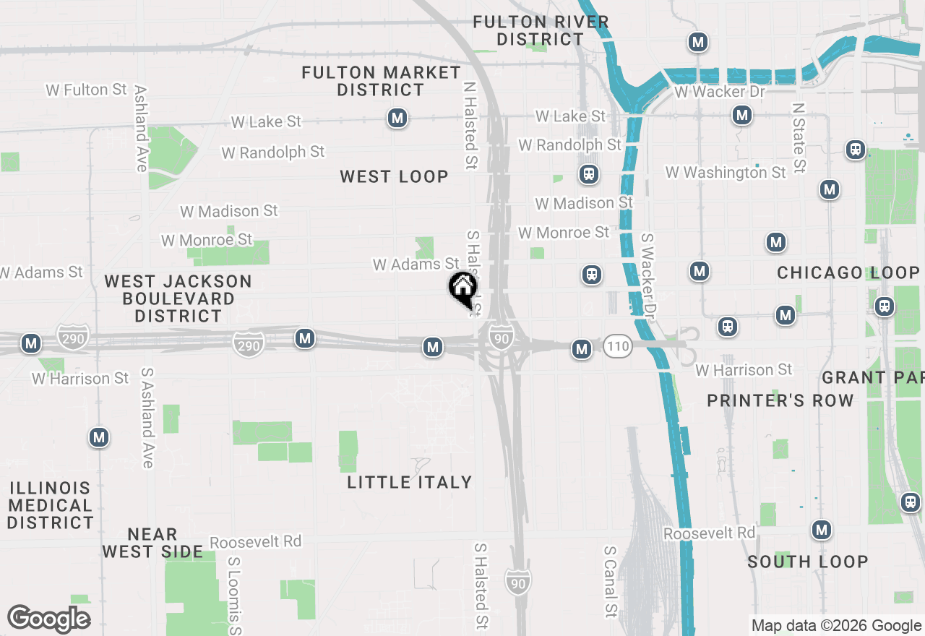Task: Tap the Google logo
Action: (48, 619)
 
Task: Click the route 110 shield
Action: (617, 346)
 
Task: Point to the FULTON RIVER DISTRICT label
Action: (541, 31)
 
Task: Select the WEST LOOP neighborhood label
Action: (394, 176)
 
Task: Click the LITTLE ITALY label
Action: (409, 482)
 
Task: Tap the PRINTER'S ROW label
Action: (780, 400)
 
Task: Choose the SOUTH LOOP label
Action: (807, 562)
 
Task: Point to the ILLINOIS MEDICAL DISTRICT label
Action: (51, 505)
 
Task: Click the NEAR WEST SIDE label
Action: (152, 543)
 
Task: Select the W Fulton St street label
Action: (86, 90)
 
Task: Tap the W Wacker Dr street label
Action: (719, 92)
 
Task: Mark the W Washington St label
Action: (726, 172)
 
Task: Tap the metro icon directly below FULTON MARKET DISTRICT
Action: (397, 118)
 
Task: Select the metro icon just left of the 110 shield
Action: (581, 350)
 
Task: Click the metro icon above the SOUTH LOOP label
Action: (820, 530)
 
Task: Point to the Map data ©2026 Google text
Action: (836, 626)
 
